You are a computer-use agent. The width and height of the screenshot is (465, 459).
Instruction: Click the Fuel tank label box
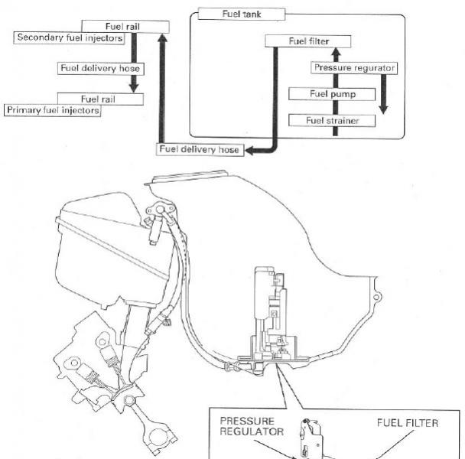[242, 14]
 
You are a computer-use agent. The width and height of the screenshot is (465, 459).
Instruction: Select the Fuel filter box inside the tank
[307, 41]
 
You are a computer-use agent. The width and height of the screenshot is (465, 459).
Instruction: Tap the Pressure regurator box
[354, 67]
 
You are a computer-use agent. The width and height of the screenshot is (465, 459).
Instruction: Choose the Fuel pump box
[332, 94]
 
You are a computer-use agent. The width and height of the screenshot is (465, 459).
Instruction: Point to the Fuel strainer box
[332, 120]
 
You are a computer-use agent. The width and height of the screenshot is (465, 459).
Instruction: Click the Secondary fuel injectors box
[69, 37]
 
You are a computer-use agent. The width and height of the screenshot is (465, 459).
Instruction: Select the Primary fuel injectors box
[53, 110]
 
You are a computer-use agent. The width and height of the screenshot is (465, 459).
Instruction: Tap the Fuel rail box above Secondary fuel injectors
[125, 26]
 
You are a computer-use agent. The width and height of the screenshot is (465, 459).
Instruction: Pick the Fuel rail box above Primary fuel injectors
[100, 99]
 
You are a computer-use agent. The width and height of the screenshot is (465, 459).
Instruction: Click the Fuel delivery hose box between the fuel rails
[100, 68]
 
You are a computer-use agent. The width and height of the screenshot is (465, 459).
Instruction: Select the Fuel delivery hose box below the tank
[200, 149]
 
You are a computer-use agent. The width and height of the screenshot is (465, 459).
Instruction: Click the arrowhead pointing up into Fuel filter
[336, 53]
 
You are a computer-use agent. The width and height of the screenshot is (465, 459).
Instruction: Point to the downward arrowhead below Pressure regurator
[383, 109]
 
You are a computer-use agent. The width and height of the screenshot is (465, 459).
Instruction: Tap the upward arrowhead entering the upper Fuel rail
[162, 37]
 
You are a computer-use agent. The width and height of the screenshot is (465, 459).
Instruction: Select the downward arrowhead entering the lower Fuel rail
[134, 88]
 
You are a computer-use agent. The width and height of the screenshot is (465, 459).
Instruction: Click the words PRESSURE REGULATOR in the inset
[252, 426]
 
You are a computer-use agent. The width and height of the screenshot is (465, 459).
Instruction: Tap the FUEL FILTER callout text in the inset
[408, 423]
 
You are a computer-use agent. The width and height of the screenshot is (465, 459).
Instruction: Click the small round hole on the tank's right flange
[376, 297]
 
